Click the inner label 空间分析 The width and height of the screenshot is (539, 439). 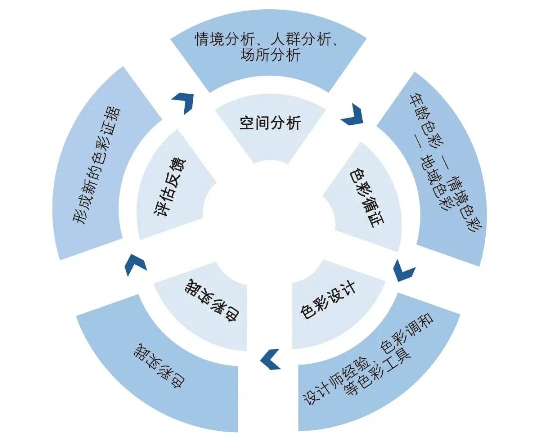click(x=270, y=122)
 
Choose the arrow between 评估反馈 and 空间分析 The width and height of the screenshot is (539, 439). click(x=183, y=102)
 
